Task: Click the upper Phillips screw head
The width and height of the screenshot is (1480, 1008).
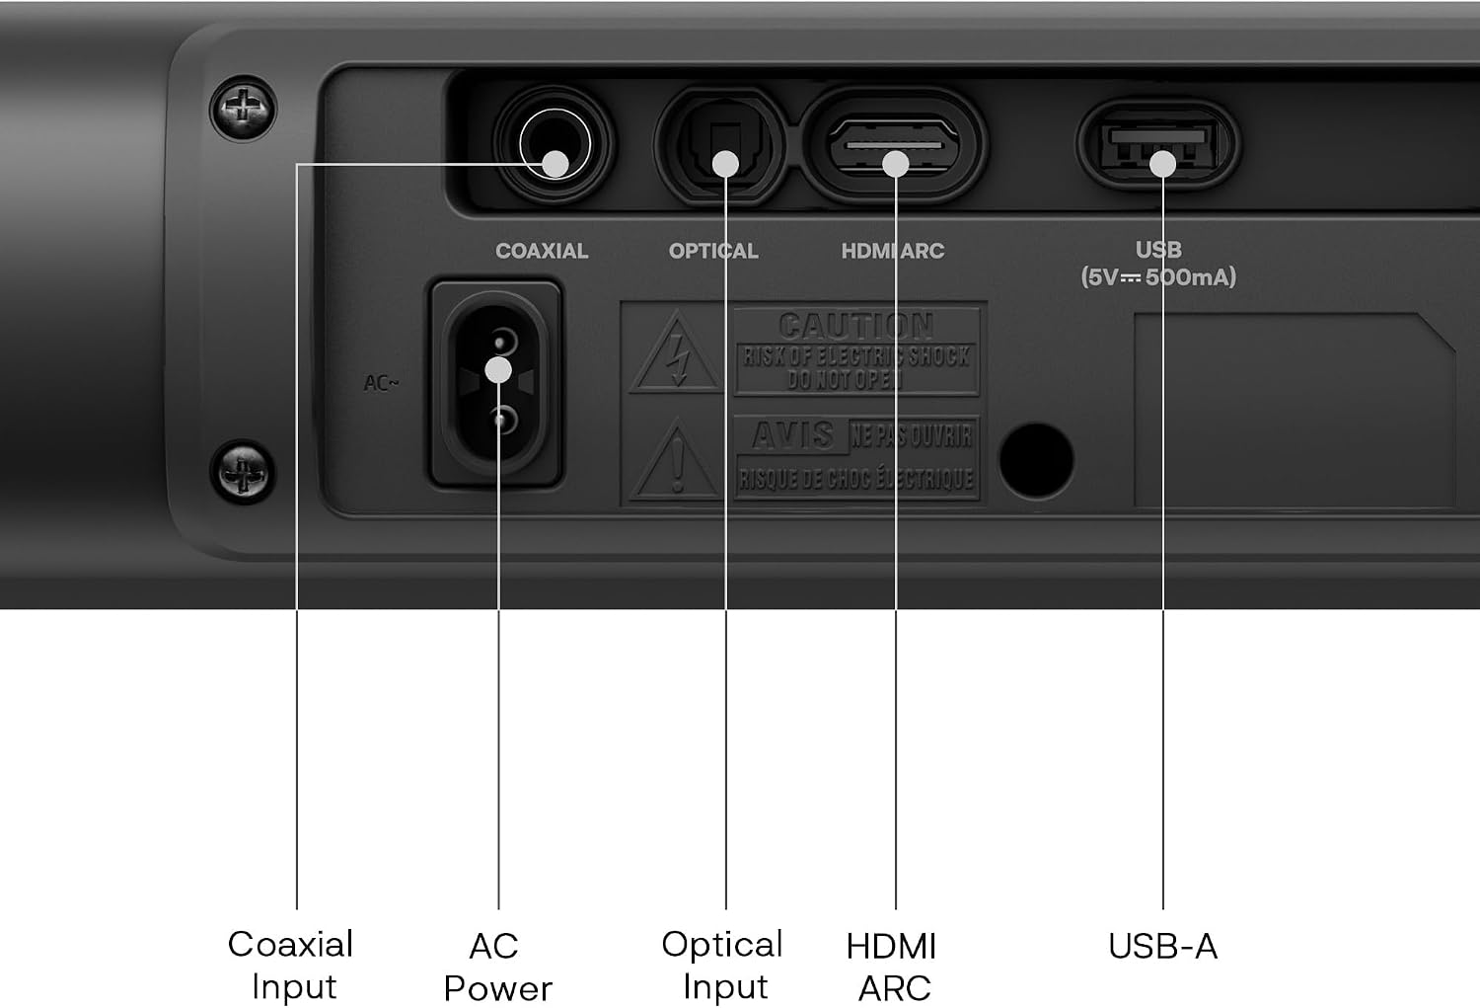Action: pyautogui.click(x=243, y=109)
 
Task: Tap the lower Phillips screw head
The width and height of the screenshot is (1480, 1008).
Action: pyautogui.click(x=243, y=472)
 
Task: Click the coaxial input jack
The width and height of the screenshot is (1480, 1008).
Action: pyautogui.click(x=554, y=144)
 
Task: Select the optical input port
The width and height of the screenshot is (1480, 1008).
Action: pyautogui.click(x=721, y=145)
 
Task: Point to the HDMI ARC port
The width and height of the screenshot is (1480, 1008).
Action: pyautogui.click(x=894, y=145)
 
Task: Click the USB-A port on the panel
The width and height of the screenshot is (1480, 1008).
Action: pyautogui.click(x=1158, y=144)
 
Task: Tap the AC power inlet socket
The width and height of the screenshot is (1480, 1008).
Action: pyautogui.click(x=496, y=383)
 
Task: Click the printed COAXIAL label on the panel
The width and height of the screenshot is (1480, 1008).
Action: pyautogui.click(x=542, y=251)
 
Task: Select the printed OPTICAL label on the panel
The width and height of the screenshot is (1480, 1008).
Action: pyautogui.click(x=713, y=251)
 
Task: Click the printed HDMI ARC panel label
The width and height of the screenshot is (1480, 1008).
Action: pyautogui.click(x=893, y=251)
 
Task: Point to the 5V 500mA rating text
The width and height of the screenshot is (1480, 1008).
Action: pyautogui.click(x=1158, y=277)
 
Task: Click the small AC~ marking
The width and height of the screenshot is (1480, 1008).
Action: pyautogui.click(x=381, y=383)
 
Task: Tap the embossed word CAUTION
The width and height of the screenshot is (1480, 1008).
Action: pyautogui.click(x=856, y=325)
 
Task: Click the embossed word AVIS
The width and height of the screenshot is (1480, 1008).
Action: pyautogui.click(x=792, y=435)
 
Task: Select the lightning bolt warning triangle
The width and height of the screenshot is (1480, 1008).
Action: pyautogui.click(x=676, y=353)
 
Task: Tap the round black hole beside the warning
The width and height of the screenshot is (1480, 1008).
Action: pyautogui.click(x=1036, y=461)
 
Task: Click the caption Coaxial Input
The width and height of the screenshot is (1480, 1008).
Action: pyautogui.click(x=291, y=965)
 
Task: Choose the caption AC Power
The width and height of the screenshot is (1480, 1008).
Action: pyautogui.click(x=497, y=967)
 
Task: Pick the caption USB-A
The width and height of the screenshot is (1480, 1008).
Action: pyautogui.click(x=1163, y=946)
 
